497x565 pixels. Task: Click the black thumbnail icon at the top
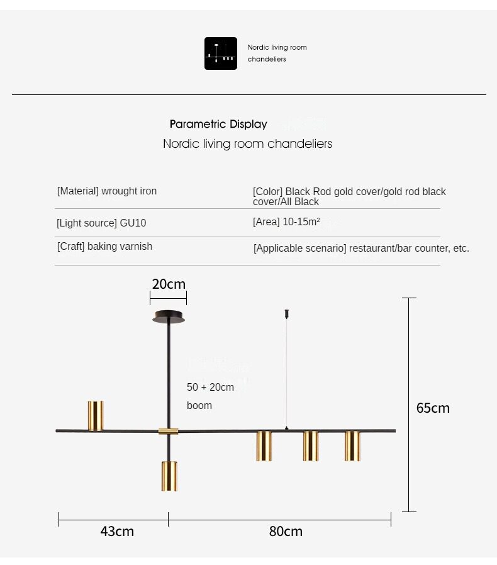[x=221, y=53]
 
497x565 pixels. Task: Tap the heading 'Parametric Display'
[x=218, y=125]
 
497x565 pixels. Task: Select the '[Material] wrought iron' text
[x=107, y=191]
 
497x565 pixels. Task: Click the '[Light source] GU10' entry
[x=101, y=223]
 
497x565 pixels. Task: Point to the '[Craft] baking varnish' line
[x=104, y=247]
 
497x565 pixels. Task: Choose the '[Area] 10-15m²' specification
[x=286, y=222]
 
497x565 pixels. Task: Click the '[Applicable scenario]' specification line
[x=361, y=249]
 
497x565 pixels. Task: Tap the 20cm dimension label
[x=169, y=284]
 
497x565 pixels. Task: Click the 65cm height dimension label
[x=433, y=408]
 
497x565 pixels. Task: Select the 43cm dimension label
[x=117, y=531]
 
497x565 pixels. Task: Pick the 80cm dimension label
[x=286, y=531]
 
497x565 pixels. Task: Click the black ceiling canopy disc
[x=169, y=317]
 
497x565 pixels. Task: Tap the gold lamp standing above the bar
[x=96, y=416]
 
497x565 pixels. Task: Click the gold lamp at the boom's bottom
[x=169, y=476]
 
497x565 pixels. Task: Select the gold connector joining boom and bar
[x=168, y=431]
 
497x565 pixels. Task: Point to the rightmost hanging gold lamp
[x=352, y=445]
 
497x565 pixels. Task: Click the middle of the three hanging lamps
[x=311, y=445]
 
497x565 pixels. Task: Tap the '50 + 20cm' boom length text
[x=210, y=387]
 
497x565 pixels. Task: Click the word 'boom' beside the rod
[x=199, y=406]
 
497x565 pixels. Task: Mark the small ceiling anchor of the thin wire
[x=287, y=313]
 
